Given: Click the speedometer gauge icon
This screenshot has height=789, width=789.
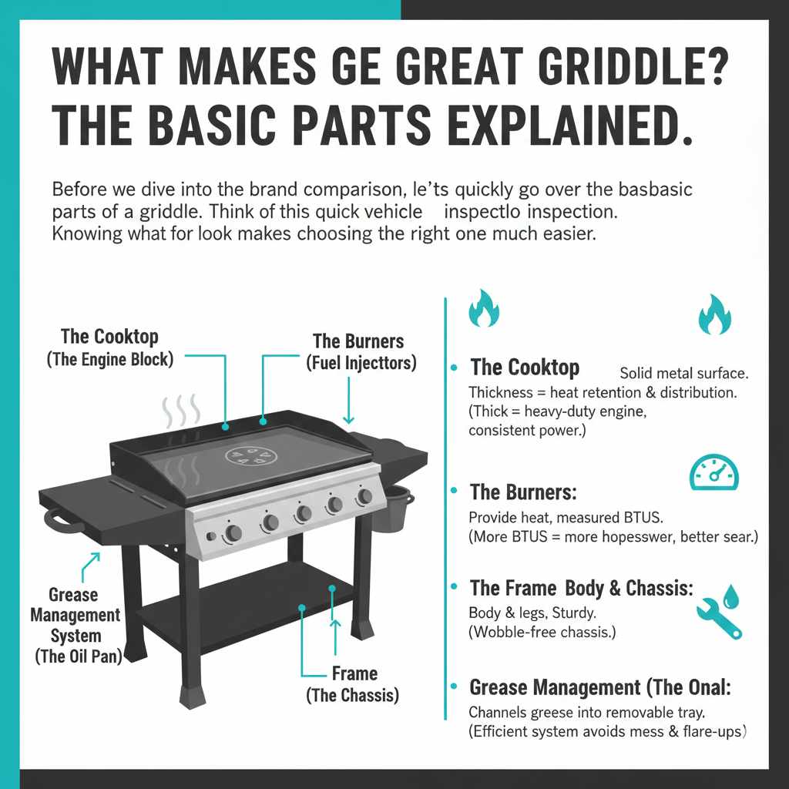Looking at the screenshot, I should tap(713, 472).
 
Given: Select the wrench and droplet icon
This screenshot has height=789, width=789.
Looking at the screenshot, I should tap(719, 613).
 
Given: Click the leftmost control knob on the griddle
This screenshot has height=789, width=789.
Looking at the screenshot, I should tap(233, 532).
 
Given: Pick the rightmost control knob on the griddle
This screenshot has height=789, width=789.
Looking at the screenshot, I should tap(363, 497).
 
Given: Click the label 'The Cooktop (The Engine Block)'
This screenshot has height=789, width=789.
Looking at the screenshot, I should tap(109, 347).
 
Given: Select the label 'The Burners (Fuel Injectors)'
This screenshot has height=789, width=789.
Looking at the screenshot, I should tap(358, 351).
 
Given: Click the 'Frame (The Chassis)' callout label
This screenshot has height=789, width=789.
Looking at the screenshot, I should tap(354, 684).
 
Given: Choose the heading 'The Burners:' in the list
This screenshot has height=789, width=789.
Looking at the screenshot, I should tap(523, 492).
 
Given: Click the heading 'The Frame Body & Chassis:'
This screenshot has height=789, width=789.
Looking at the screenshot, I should tap(581, 589).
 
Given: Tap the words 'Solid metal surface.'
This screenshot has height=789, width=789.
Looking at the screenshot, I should tap(683, 373).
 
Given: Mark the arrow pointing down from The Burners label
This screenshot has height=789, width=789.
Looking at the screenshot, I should tap(348, 401).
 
